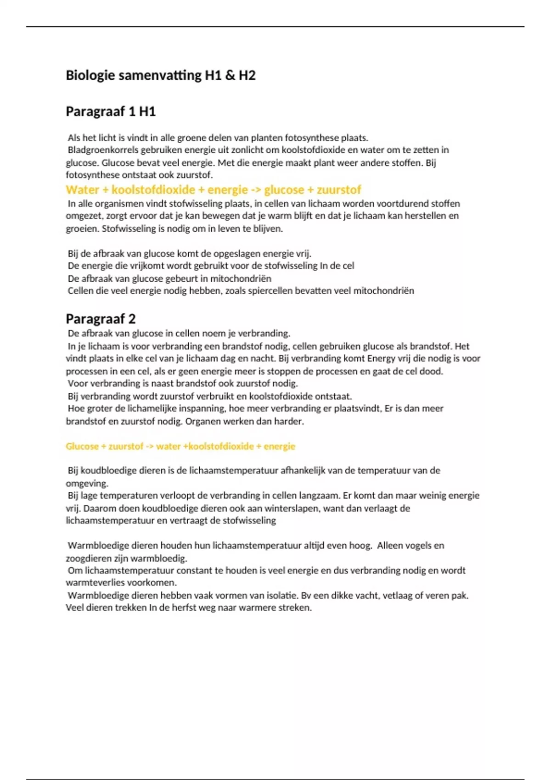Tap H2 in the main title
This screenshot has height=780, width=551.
pyautogui.click(x=247, y=75)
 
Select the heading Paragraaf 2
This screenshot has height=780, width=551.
pyautogui.click(x=101, y=319)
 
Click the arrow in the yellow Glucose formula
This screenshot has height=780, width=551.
pyautogui.click(x=149, y=446)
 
